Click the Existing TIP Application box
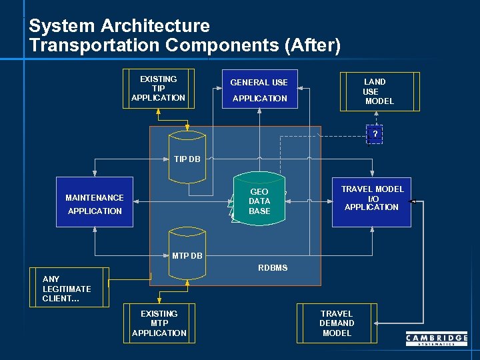(x=159, y=89)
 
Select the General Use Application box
(x=259, y=89)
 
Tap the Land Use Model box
(x=379, y=91)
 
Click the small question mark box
(x=375, y=135)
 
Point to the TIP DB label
(x=187, y=159)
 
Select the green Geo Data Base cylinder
(x=259, y=198)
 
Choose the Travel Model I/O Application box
(x=372, y=201)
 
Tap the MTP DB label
(x=187, y=256)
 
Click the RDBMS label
(x=273, y=268)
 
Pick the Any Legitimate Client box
(x=69, y=287)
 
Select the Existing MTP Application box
(x=159, y=323)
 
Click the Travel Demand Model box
(x=337, y=323)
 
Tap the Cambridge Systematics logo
(x=437, y=340)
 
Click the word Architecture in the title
(x=155, y=26)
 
